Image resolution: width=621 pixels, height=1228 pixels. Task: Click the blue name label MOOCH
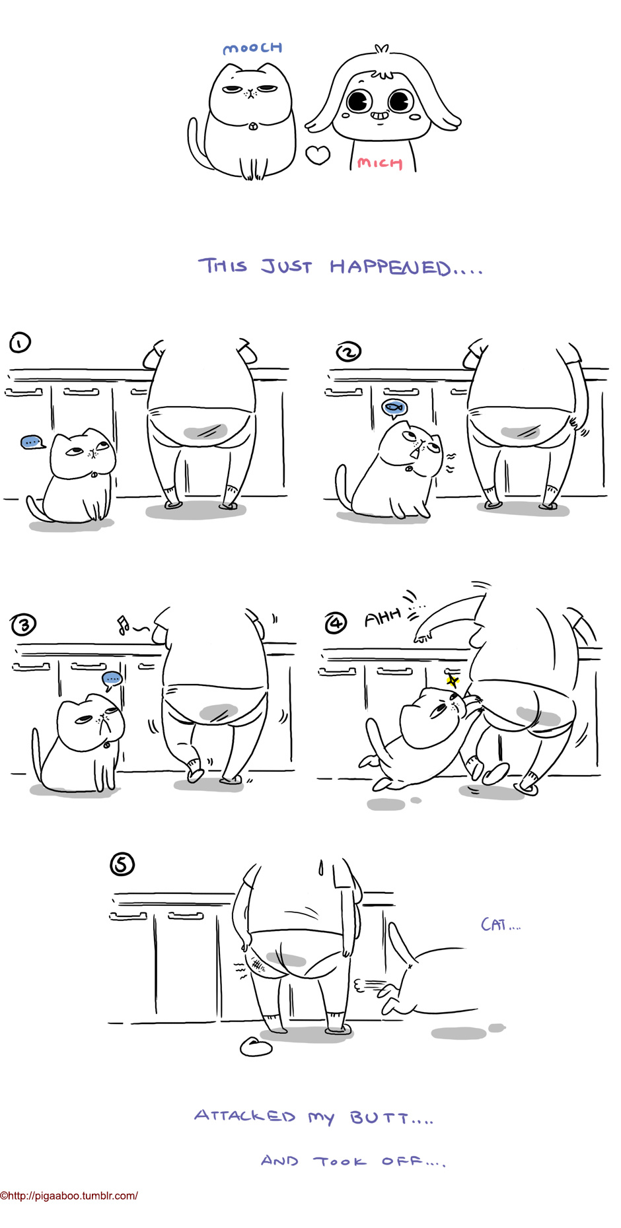coord(252,48)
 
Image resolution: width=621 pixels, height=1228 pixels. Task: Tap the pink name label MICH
coord(380,162)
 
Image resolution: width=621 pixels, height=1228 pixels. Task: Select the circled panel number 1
coord(20,343)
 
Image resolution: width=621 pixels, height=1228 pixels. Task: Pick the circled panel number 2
coord(349,352)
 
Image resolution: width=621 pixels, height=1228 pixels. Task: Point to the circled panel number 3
coord(24,625)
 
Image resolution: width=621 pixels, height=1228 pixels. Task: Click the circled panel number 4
coord(336,623)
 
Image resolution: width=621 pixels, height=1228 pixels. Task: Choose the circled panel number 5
coord(122,864)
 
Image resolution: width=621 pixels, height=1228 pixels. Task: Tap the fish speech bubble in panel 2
coord(395,408)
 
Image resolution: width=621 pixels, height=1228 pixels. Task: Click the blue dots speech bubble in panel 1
coord(32,442)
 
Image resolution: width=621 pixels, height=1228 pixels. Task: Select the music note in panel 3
coord(123,625)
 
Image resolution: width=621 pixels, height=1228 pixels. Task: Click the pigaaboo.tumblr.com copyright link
coord(69,1196)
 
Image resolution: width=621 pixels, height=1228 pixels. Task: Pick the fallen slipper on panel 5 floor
coord(256,1046)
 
